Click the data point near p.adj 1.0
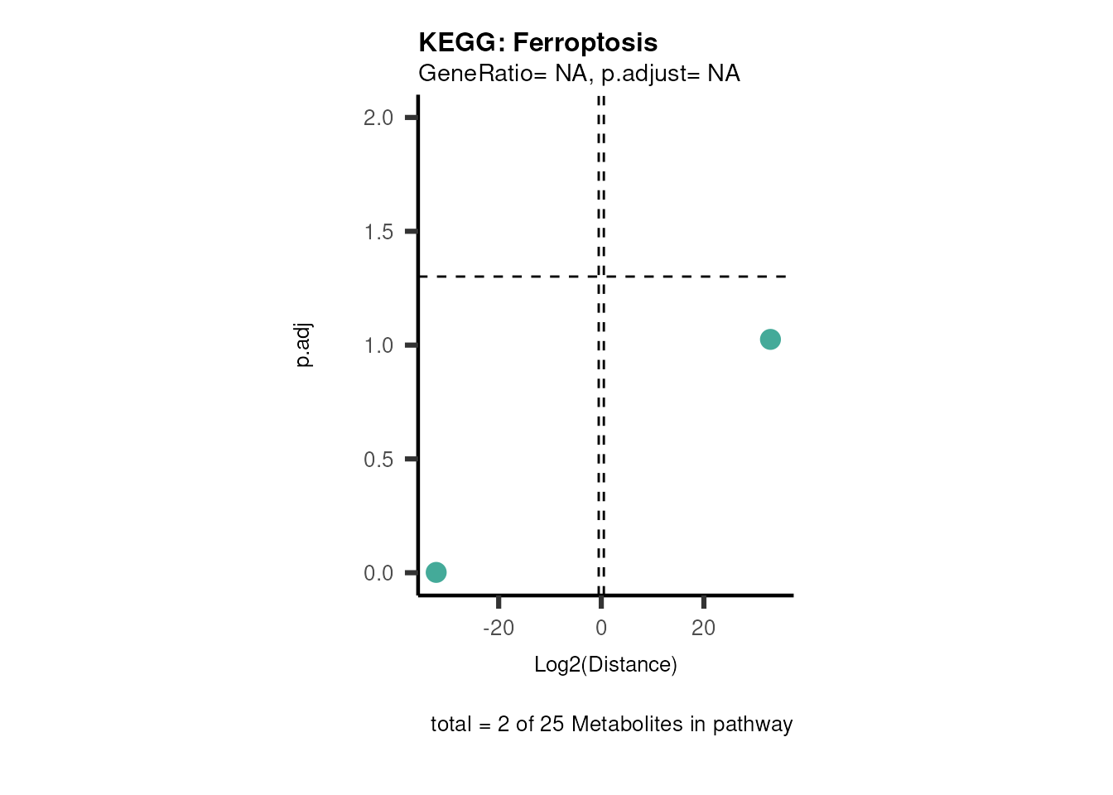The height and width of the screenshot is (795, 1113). tap(770, 340)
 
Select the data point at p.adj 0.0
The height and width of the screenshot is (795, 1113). tap(436, 572)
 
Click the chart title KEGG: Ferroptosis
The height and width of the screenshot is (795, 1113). tap(537, 42)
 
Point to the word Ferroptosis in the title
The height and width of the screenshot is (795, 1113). tap(585, 42)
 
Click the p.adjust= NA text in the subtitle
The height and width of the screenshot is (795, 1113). tap(671, 74)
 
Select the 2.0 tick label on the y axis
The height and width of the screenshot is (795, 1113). tap(378, 118)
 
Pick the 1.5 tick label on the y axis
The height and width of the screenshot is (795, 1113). tap(378, 232)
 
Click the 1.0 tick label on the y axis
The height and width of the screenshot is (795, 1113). tap(378, 345)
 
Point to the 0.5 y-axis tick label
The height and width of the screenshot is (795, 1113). tap(378, 460)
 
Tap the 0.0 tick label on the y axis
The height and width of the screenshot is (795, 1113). tap(378, 573)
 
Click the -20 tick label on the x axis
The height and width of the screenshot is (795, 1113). tap(499, 628)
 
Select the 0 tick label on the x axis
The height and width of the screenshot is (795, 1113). tap(601, 628)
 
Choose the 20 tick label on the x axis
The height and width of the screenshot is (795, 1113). tap(703, 628)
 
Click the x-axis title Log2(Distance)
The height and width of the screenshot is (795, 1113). tap(605, 664)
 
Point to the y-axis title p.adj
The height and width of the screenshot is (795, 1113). tap(304, 345)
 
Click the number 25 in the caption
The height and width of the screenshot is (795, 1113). tap(552, 724)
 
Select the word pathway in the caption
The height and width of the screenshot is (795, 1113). tap(753, 725)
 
